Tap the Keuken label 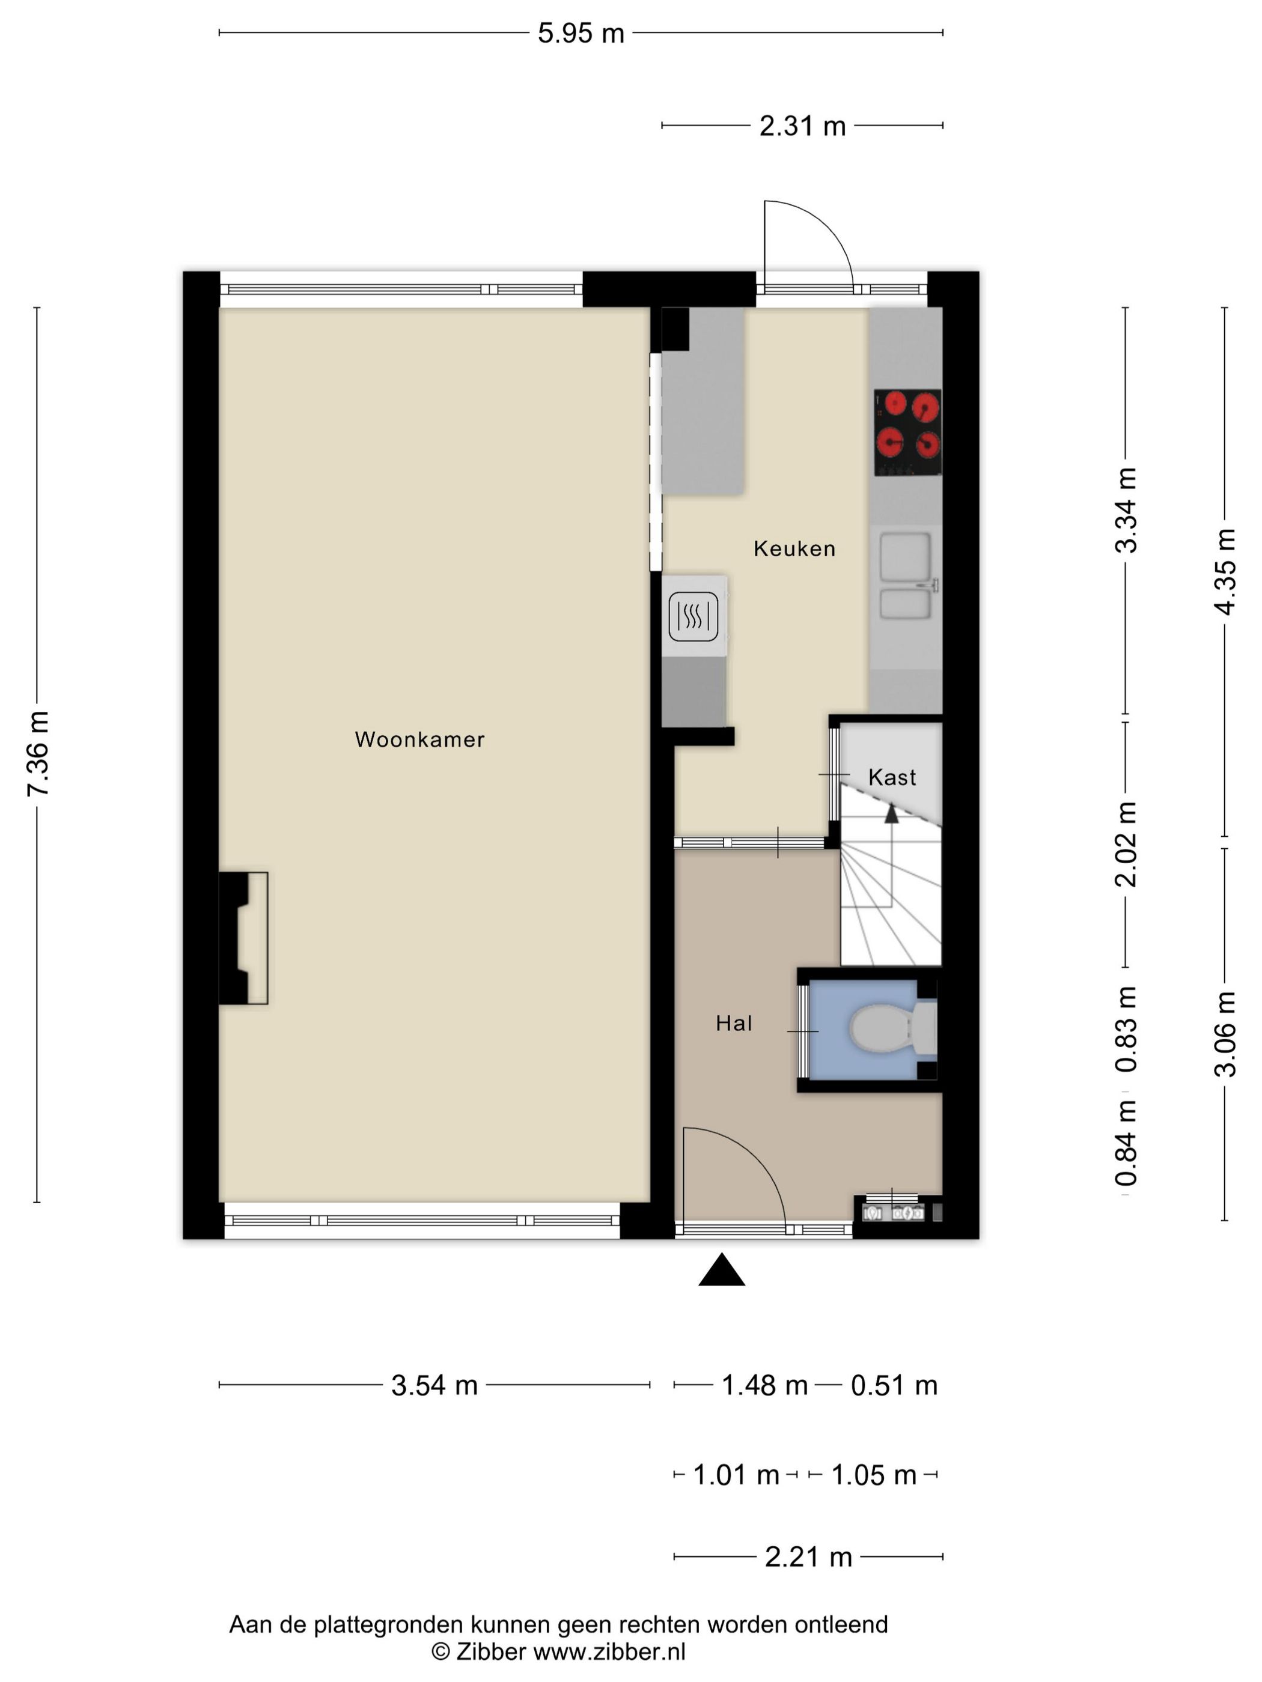(x=794, y=548)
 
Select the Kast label (x=892, y=777)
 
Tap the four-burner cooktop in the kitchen (x=907, y=433)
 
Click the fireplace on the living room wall (x=243, y=938)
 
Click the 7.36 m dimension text (x=37, y=753)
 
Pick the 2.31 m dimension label (x=802, y=126)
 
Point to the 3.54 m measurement (x=434, y=1385)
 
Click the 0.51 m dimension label (x=894, y=1385)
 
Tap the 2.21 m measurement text (x=808, y=1557)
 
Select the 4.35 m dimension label (x=1225, y=571)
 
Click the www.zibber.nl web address (x=609, y=1651)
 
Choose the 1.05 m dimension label (x=873, y=1475)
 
